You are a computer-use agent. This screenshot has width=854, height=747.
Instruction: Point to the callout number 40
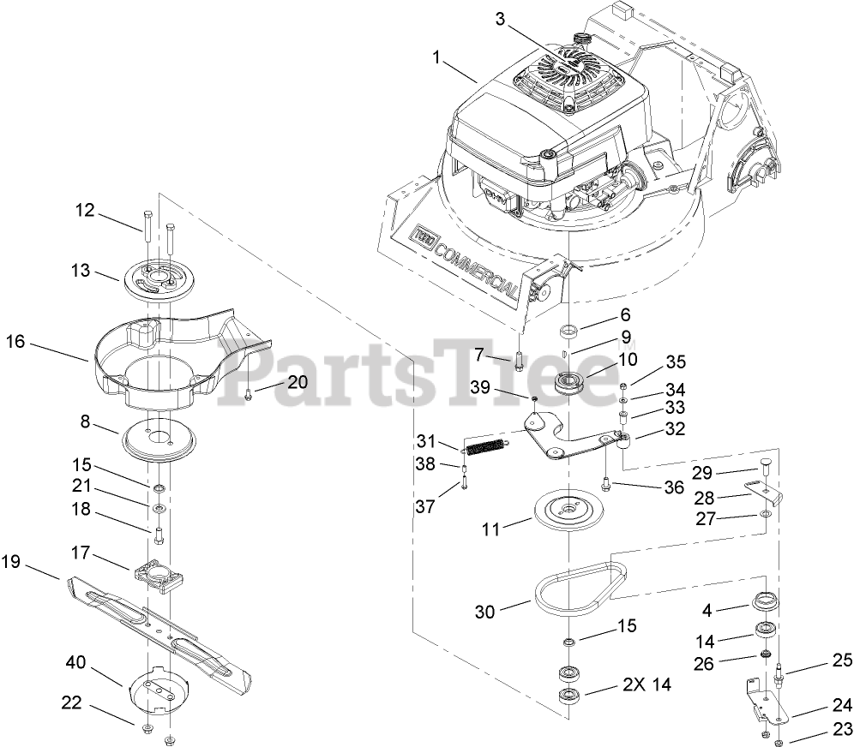click(x=76, y=663)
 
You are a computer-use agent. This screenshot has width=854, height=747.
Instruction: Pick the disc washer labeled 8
click(x=158, y=442)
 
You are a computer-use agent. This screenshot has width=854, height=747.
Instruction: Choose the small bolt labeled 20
click(x=247, y=393)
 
